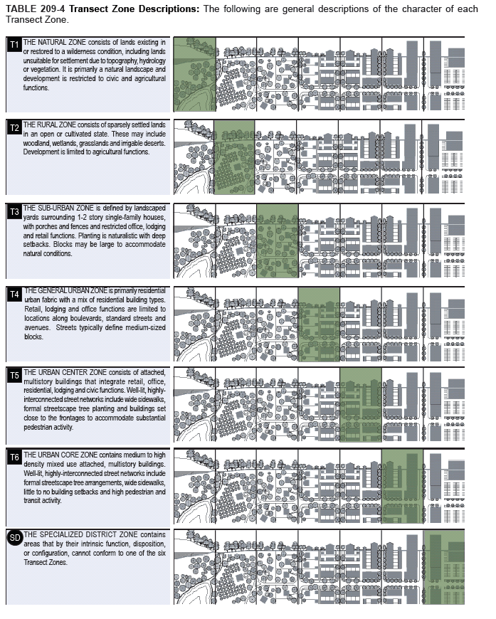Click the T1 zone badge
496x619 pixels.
point(15,45)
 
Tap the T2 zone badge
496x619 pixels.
point(15,127)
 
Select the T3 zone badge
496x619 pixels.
point(15,211)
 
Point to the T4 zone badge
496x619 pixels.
point(15,295)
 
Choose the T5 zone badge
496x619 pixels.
point(15,376)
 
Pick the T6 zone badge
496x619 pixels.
point(15,457)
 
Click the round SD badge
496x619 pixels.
point(15,538)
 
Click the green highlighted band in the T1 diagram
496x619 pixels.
point(195,74)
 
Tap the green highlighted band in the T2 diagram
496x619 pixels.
point(234,157)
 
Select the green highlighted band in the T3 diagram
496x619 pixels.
point(278,240)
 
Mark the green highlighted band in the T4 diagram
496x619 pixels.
point(319,324)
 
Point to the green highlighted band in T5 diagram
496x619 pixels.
point(361,405)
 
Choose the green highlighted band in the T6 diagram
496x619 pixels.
point(402,487)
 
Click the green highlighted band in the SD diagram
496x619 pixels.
point(444,567)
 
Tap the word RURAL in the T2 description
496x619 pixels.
point(46,125)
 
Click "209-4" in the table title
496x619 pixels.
point(53,9)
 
